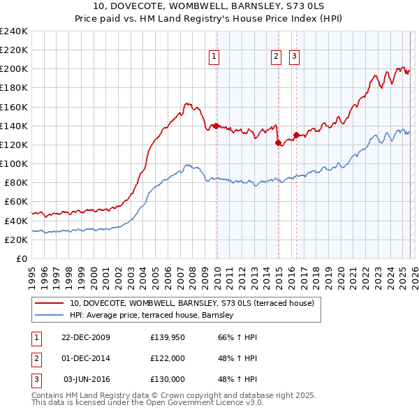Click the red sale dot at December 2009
click(x=216, y=126)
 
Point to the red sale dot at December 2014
click(x=279, y=142)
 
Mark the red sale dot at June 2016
click(x=297, y=135)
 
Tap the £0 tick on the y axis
click(x=21, y=258)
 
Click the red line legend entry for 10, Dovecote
click(x=192, y=303)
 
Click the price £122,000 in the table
click(x=168, y=358)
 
